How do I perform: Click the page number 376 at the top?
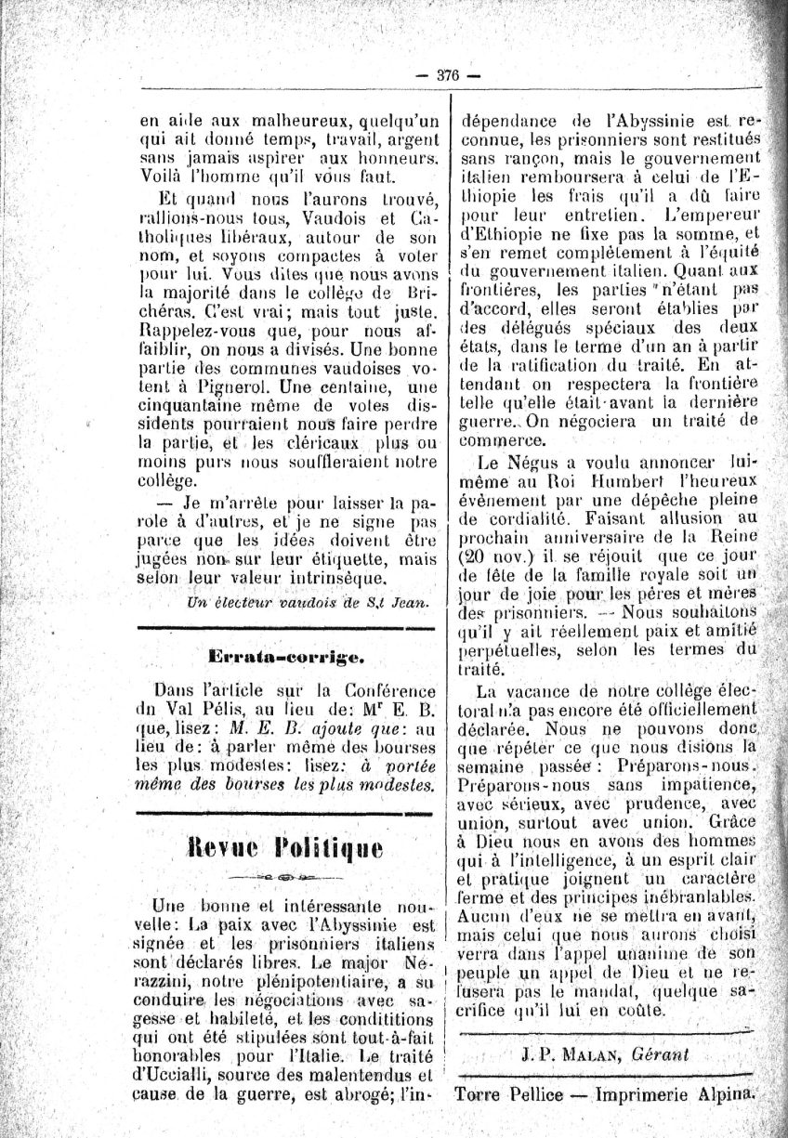click(448, 76)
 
